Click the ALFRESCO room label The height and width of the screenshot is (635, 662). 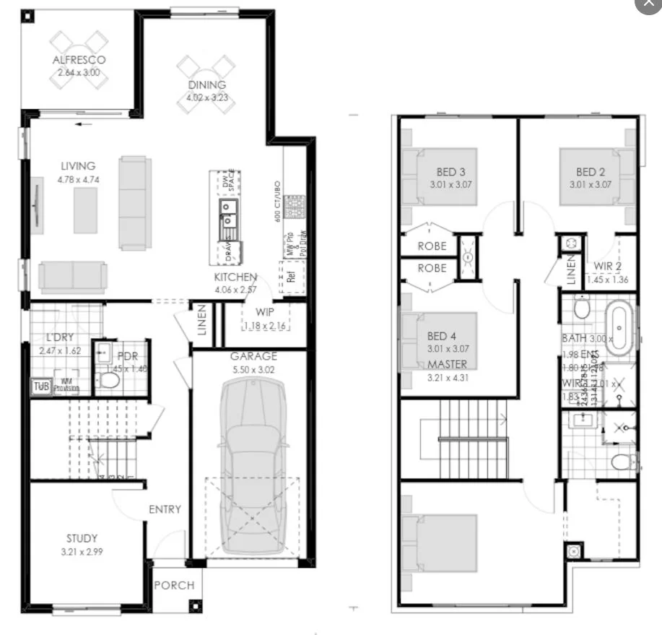pos(79,60)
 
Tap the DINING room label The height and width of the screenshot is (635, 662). pos(206,85)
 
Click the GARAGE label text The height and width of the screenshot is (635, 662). pos(253,356)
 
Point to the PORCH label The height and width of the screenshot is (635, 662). pos(175,584)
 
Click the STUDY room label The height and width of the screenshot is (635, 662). pos(82,538)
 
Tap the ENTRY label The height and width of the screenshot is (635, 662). pos(165,509)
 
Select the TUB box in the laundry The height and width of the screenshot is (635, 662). pos(40,386)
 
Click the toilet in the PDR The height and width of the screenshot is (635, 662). pos(110,379)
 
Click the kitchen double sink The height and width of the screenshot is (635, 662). pos(227,215)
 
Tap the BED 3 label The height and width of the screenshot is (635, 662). pos(450,172)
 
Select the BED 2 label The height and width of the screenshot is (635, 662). pos(591,172)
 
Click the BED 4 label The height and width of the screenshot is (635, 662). pos(442,336)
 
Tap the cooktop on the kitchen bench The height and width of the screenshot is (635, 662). pos(295,207)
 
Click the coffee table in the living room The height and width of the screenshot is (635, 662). pos(85,209)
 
